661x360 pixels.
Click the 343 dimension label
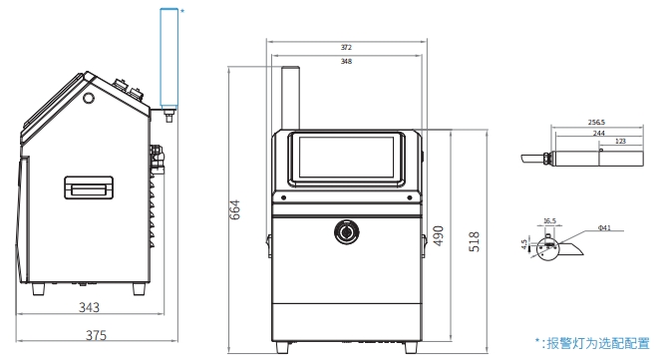tap(89, 307)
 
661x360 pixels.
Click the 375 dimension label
tap(96, 335)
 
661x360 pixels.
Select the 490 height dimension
tap(439, 235)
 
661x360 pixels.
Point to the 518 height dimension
tap(475, 241)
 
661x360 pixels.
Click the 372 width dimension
tap(346, 47)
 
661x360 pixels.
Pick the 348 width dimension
tap(346, 61)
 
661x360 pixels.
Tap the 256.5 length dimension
tap(596, 123)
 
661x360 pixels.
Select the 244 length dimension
tap(598, 134)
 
